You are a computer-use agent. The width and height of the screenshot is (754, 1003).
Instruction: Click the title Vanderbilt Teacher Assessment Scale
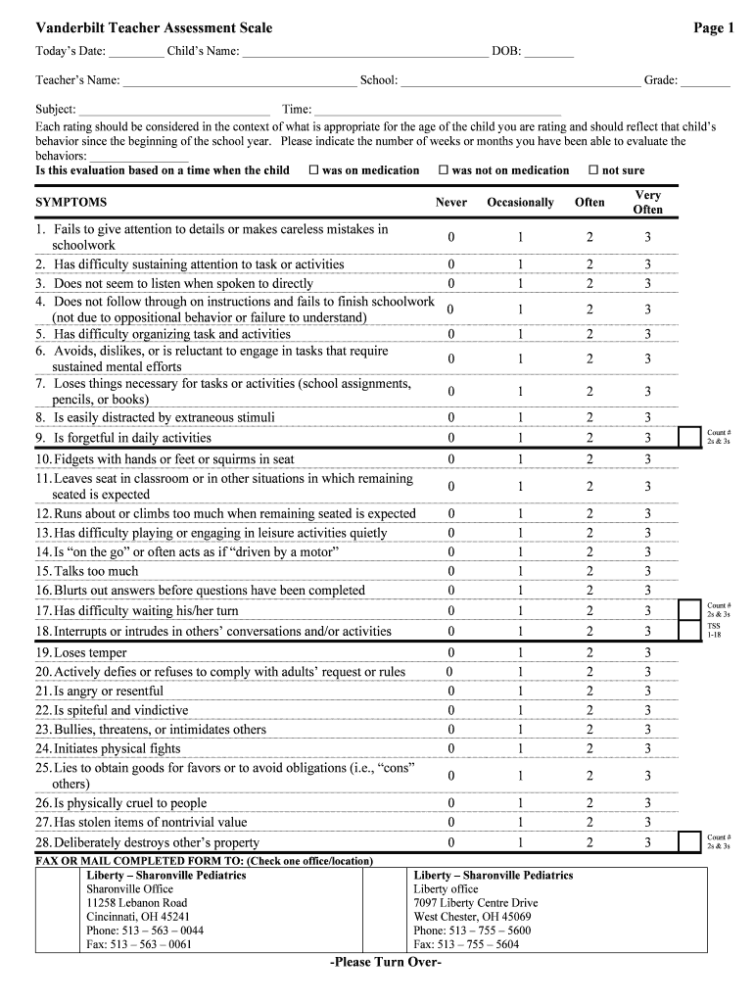pyautogui.click(x=154, y=28)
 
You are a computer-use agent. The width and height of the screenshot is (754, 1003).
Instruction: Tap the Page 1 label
pyautogui.click(x=713, y=28)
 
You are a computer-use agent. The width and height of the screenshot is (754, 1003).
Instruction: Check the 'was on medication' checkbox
pyautogui.click(x=314, y=170)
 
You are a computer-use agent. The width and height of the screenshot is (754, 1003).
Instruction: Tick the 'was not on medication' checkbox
pyautogui.click(x=444, y=170)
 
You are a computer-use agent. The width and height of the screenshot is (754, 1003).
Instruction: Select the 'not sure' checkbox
pyautogui.click(x=592, y=170)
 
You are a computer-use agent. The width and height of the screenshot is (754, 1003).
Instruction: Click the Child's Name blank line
pyautogui.click(x=364, y=51)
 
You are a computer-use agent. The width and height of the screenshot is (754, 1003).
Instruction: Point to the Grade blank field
pyautogui.click(x=705, y=80)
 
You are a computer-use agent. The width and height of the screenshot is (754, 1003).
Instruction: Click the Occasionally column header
pyautogui.click(x=520, y=203)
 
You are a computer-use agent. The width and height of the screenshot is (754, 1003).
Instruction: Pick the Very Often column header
pyautogui.click(x=647, y=203)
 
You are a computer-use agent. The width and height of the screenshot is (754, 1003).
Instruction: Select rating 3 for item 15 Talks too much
pyautogui.click(x=647, y=571)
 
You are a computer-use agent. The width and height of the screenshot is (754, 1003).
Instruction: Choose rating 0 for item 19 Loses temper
pyautogui.click(x=451, y=653)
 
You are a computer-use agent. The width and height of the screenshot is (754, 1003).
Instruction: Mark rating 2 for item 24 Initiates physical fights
pyautogui.click(x=589, y=748)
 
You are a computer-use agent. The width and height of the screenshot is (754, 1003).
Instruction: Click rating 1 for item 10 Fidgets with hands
pyautogui.click(x=520, y=459)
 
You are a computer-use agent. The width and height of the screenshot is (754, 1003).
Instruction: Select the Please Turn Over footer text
pyautogui.click(x=386, y=963)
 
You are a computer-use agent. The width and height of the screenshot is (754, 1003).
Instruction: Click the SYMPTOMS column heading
pyautogui.click(x=71, y=203)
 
